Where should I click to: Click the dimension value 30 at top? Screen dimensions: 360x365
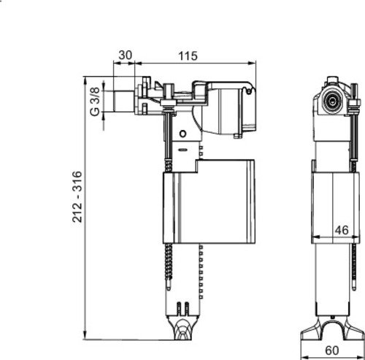tap(126, 55)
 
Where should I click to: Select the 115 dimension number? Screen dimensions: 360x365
tap(189, 55)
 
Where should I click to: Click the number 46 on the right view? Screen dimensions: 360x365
tap(339, 229)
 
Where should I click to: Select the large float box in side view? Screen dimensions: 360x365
tap(208, 208)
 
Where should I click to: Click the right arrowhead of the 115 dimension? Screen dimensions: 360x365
tap(254, 65)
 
